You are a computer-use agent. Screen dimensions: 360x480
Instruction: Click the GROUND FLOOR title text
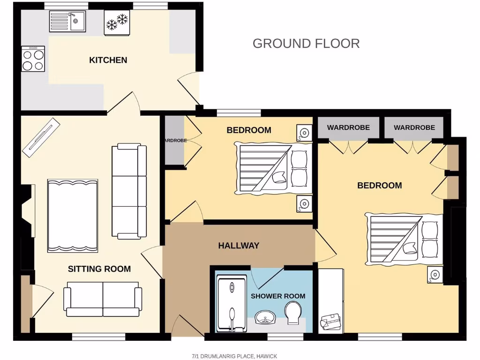(x=306, y=44)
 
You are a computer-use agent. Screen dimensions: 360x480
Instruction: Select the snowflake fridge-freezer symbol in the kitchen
(x=117, y=22)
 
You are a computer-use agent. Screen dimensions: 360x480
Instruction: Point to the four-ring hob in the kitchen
(x=33, y=59)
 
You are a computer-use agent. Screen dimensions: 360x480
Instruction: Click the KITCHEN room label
(x=108, y=60)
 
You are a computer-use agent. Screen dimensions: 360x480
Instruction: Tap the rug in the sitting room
(x=73, y=215)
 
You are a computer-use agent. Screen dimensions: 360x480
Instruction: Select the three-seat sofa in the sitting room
(x=126, y=191)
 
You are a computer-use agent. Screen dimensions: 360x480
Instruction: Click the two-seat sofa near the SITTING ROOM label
(x=103, y=299)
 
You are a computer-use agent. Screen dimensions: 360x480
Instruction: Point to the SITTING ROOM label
(x=99, y=269)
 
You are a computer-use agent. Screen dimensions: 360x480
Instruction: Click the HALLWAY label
(x=239, y=246)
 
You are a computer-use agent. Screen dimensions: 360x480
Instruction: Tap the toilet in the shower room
(x=293, y=312)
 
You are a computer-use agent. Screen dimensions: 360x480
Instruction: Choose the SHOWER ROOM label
(x=278, y=296)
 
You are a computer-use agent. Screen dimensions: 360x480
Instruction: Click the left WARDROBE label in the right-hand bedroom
(x=348, y=127)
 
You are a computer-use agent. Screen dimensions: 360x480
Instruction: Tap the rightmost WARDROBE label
(x=414, y=127)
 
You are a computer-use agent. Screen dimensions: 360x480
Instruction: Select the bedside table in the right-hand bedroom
(x=435, y=275)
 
